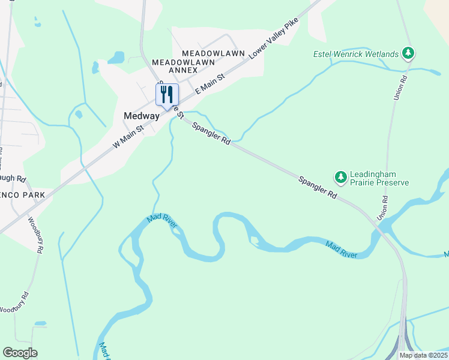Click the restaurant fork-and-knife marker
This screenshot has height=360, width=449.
[167, 94]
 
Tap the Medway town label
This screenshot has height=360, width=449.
[141, 116]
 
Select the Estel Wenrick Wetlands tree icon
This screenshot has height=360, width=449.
[409, 53]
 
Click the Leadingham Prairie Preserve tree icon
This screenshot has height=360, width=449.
[341, 176]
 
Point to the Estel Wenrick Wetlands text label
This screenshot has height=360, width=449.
[356, 54]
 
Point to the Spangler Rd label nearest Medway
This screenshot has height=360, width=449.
[212, 133]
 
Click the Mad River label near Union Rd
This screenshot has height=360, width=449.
[342, 250]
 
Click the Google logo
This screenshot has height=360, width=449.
[20, 353]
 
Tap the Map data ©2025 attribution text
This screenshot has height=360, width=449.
[423, 355]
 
